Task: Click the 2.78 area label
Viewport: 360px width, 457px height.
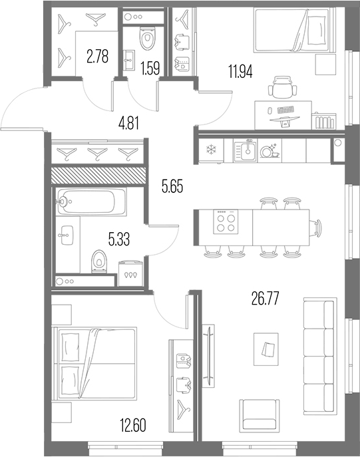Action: pos(97,57)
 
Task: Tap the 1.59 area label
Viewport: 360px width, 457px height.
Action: pos(150,69)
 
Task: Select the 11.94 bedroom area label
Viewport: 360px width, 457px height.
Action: pos(240,72)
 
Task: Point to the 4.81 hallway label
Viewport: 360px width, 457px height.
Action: pos(128,123)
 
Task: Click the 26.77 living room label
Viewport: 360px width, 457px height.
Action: pos(266,299)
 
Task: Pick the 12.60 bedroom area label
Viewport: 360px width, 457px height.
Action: pos(132,425)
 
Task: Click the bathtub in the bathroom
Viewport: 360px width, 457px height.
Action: pos(92,202)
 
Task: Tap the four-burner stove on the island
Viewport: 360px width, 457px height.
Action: pos(226,222)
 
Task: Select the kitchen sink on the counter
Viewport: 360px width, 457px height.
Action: pos(246,150)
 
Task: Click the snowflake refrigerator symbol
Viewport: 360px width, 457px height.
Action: pos(210,150)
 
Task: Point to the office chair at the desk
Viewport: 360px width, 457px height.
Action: pos(282,87)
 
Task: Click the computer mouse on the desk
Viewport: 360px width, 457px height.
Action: pos(270,110)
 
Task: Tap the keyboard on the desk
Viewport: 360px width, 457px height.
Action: pos(286,110)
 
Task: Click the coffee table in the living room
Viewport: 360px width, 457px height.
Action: pos(266,349)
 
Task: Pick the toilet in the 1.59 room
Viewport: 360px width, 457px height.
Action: pos(147,39)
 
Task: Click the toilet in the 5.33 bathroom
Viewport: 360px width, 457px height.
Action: pos(99,261)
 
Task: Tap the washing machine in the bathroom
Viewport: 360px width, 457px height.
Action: pos(131,273)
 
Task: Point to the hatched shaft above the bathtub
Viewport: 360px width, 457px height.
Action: pos(98,176)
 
